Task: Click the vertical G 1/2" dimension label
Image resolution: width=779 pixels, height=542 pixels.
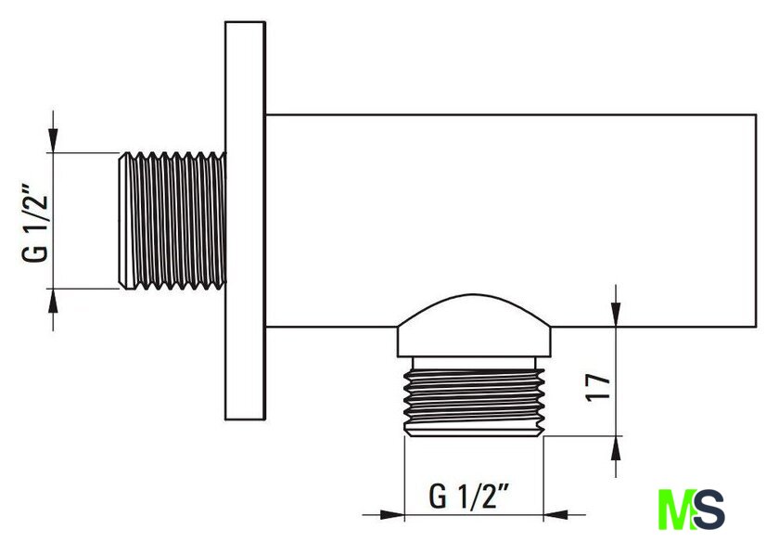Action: pos(35,224)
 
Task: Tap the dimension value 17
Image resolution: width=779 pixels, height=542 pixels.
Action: pos(598,387)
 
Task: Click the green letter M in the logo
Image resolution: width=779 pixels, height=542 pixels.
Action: pos(676,510)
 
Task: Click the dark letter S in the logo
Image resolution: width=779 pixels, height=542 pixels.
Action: pos(709,510)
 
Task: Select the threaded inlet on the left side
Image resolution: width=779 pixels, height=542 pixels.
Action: pos(172,221)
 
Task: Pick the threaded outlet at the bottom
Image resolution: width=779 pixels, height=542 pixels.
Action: pos(475,402)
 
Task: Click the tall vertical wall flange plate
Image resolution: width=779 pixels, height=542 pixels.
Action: pos(245,221)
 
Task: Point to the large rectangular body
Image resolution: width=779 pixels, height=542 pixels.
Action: pos(511,221)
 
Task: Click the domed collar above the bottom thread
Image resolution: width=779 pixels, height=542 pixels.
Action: pos(474,326)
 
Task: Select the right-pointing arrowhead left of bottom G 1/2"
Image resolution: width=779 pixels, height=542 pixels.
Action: pos(391,515)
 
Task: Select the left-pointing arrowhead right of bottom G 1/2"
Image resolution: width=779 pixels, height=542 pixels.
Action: pos(556,515)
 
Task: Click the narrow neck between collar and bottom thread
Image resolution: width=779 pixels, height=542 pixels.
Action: pos(475,363)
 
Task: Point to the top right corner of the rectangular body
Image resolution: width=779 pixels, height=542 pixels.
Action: pos(756,115)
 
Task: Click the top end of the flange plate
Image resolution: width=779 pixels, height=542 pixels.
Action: pos(245,22)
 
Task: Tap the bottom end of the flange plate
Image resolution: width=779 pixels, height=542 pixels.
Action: pos(245,419)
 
